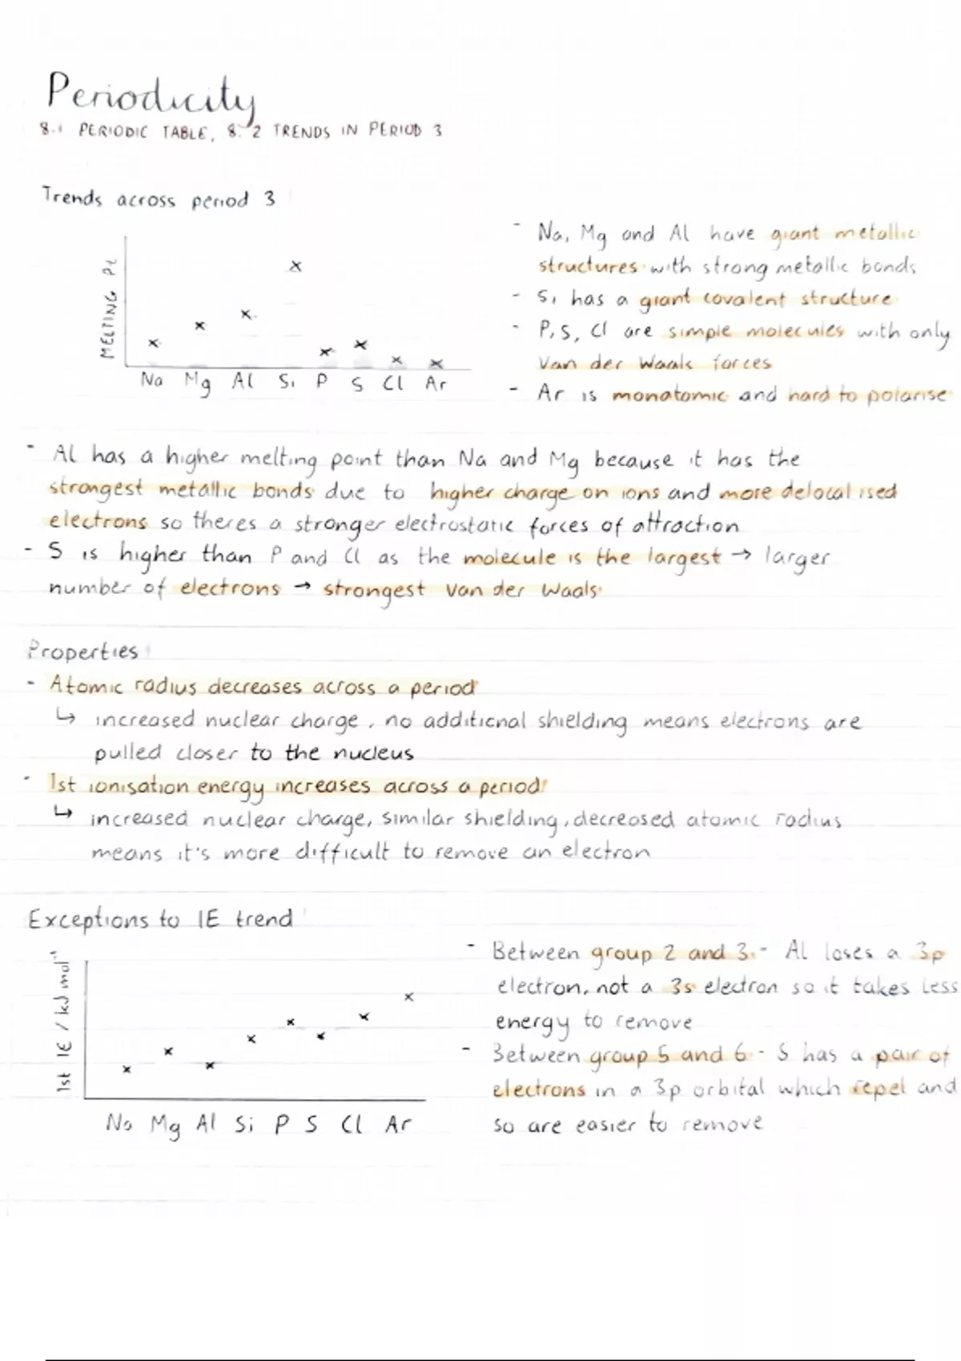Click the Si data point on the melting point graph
[296, 266]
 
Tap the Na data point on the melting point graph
[154, 343]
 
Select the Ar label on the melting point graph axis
[436, 383]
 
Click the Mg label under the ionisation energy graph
[166, 1126]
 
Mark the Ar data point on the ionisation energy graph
[409, 998]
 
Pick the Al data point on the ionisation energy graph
[210, 1066]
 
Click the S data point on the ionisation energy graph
[320, 1036]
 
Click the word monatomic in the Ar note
[669, 395]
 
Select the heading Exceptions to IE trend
[160, 919]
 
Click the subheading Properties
[82, 651]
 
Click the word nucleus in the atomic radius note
[373, 753]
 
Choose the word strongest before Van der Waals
[374, 591]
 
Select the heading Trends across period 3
[159, 199]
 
